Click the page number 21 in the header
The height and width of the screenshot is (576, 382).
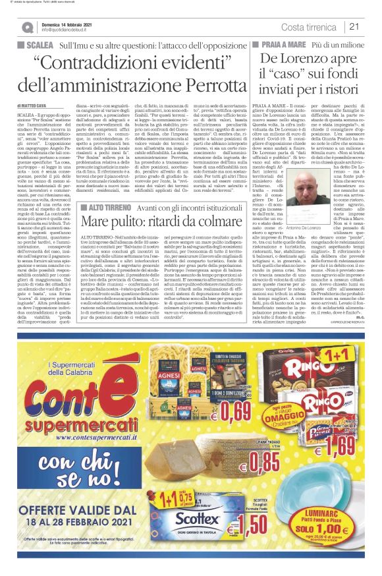tap(354, 26)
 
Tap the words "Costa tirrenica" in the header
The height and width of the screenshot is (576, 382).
tap(310, 26)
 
